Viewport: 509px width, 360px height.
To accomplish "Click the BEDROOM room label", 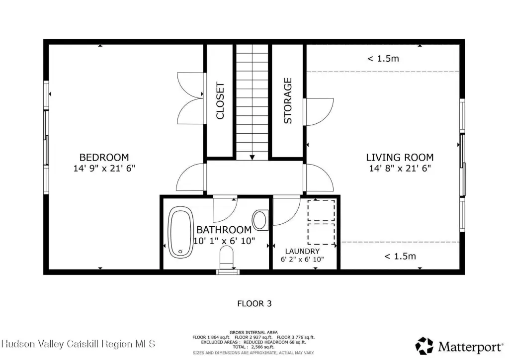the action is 104,158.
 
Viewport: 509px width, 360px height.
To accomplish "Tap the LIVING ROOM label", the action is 400,158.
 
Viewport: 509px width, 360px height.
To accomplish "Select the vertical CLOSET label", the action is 220,100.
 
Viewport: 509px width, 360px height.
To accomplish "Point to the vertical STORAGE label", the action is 288,100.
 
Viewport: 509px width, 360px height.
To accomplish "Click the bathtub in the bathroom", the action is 180,232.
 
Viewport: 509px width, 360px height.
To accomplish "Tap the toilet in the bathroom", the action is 226,257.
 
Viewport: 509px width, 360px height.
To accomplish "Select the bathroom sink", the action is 260,220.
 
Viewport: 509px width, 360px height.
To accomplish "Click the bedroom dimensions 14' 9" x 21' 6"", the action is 104,168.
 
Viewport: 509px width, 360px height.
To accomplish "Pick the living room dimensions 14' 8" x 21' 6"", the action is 400,168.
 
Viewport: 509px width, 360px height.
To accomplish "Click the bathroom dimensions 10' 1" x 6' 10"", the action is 224,241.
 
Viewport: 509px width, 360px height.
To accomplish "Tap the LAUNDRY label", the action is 302,251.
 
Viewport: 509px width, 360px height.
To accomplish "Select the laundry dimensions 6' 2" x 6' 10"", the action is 302,260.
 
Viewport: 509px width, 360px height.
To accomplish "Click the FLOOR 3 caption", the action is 254,304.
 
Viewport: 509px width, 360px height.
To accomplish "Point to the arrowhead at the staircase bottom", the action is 252,158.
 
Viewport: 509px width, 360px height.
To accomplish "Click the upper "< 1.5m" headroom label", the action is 383,59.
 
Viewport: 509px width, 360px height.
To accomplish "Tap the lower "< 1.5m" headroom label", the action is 400,257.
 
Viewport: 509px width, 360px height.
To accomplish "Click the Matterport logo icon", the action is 424,346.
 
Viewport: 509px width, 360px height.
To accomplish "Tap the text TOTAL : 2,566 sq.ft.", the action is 254,347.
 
